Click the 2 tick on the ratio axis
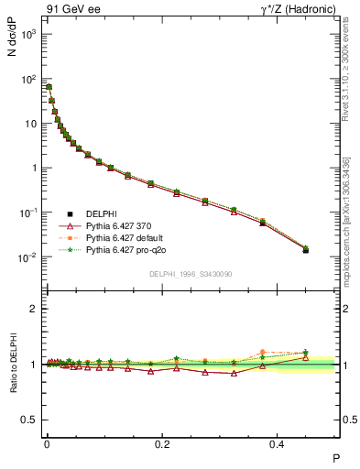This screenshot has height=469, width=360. [x=34, y=309]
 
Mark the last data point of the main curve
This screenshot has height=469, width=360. [x=306, y=249]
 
